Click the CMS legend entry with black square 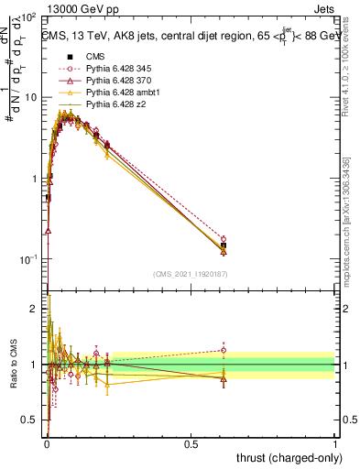pyautogui.click(x=84, y=56)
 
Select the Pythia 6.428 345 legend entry pyautogui.click(x=107, y=68)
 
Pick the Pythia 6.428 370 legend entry pyautogui.click(x=107, y=80)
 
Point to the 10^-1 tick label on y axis pyautogui.click(x=26, y=260)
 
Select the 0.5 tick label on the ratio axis pyautogui.click(x=29, y=422)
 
